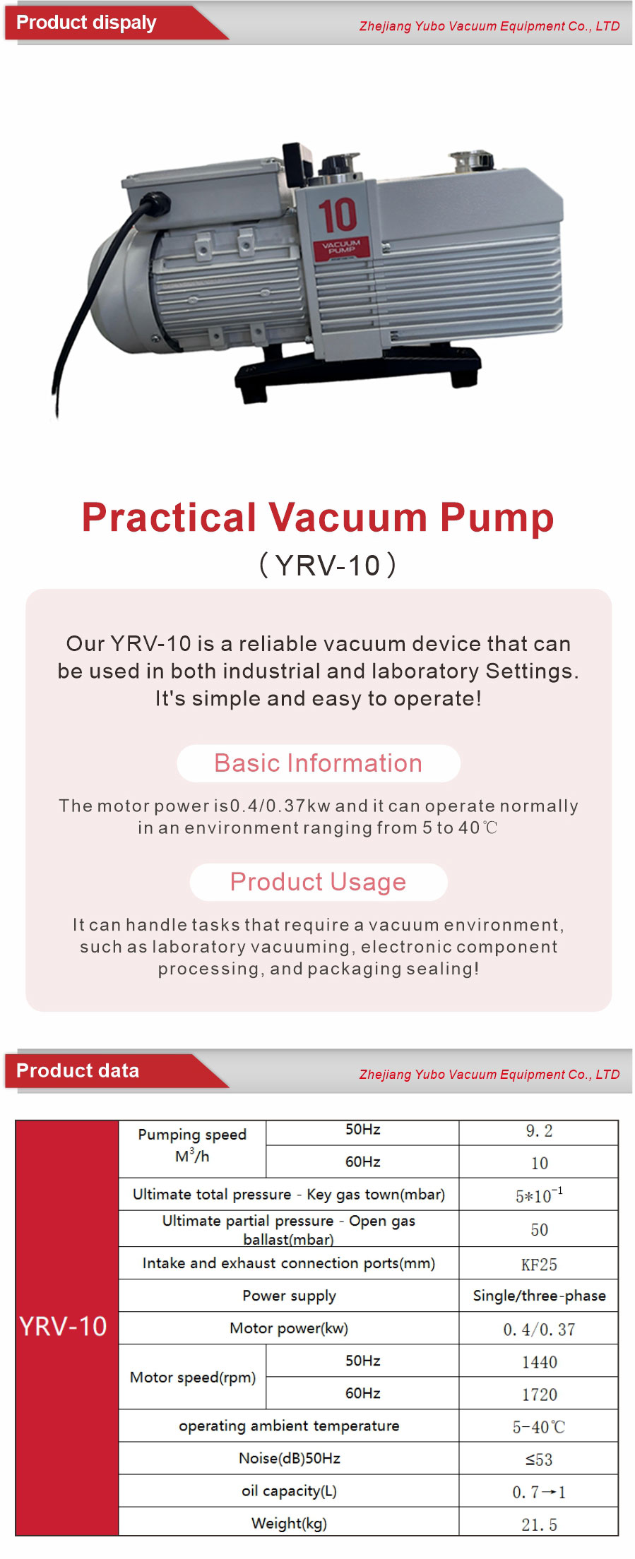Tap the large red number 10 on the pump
[x=337, y=215]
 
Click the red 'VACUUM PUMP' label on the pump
[x=341, y=247]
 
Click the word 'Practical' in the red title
[x=169, y=517]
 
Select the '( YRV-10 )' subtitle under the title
[x=328, y=565]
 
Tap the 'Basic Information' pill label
[x=319, y=763]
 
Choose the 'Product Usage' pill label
[x=319, y=882]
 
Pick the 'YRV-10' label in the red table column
[x=63, y=1326]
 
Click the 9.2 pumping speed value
[x=539, y=1131]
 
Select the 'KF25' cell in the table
[x=539, y=1265]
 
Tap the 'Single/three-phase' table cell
[x=540, y=1296]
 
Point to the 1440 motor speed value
[x=540, y=1362]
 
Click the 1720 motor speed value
[x=540, y=1394]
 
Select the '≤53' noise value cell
[x=539, y=1459]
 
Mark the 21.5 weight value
[x=539, y=1524]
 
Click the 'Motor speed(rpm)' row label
[x=193, y=1378]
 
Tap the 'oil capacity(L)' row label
[x=289, y=1491]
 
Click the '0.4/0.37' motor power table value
[x=539, y=1330]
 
